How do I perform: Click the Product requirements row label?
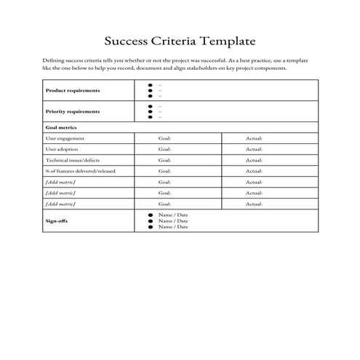click(73, 91)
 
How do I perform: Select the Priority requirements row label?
click(73, 112)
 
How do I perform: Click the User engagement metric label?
click(65, 138)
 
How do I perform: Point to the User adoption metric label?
click(63, 149)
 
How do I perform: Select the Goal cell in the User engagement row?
click(164, 138)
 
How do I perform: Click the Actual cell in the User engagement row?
click(254, 138)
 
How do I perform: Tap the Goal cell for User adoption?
click(164, 149)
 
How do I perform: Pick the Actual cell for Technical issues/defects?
click(254, 160)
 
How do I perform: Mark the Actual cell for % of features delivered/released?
click(254, 171)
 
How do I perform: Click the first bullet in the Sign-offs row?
click(150, 215)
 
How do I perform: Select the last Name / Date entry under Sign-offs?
click(173, 227)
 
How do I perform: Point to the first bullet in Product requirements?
click(150, 85)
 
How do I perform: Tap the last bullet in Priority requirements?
click(150, 117)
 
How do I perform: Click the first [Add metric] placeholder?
click(60, 182)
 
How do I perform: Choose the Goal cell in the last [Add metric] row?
click(164, 204)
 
